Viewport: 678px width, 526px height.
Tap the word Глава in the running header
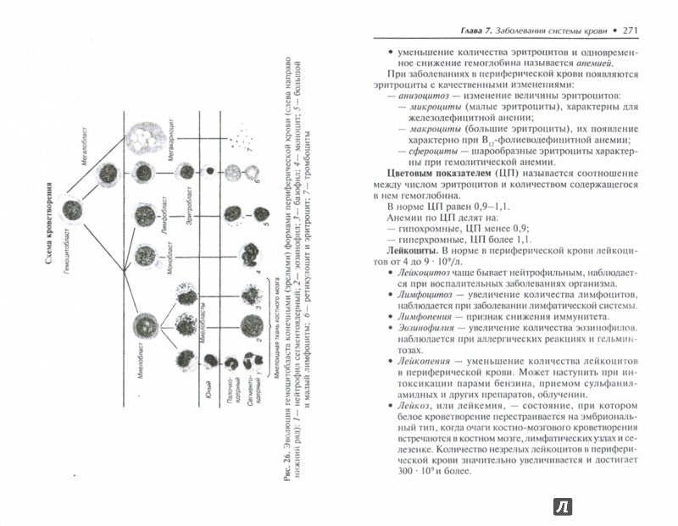pyautogui.click(x=464, y=32)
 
